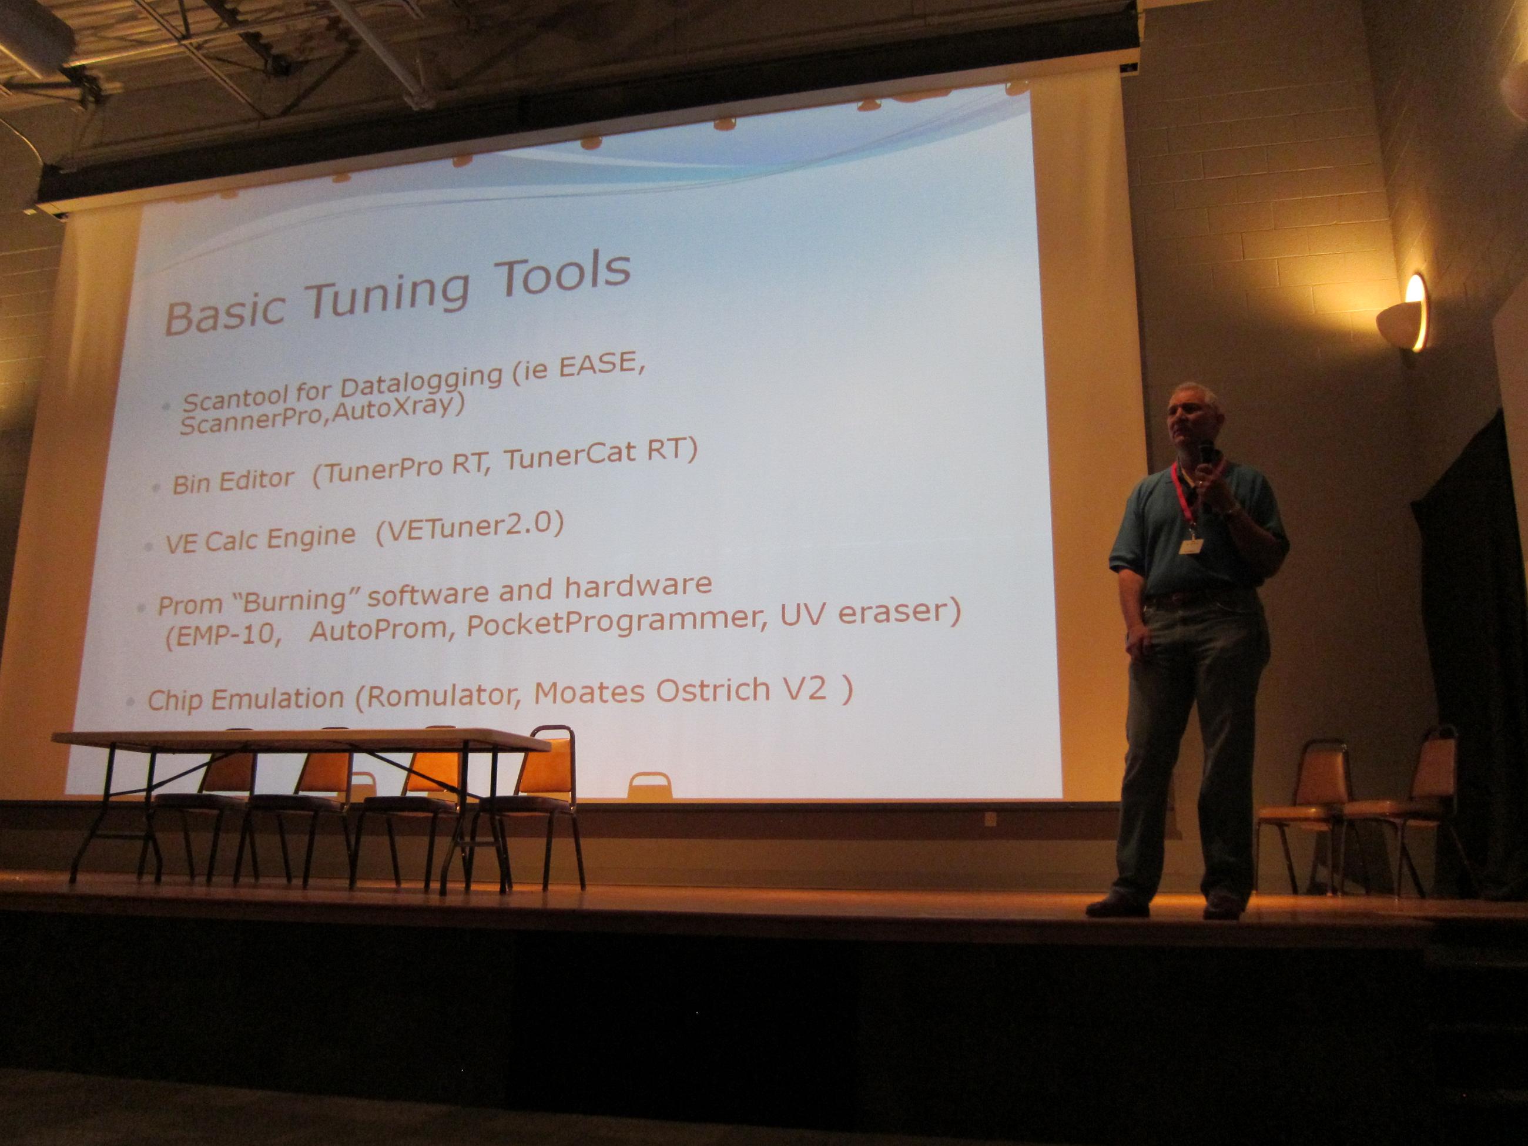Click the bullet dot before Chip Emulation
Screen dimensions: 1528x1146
point(130,702)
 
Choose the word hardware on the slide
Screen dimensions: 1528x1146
point(638,587)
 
